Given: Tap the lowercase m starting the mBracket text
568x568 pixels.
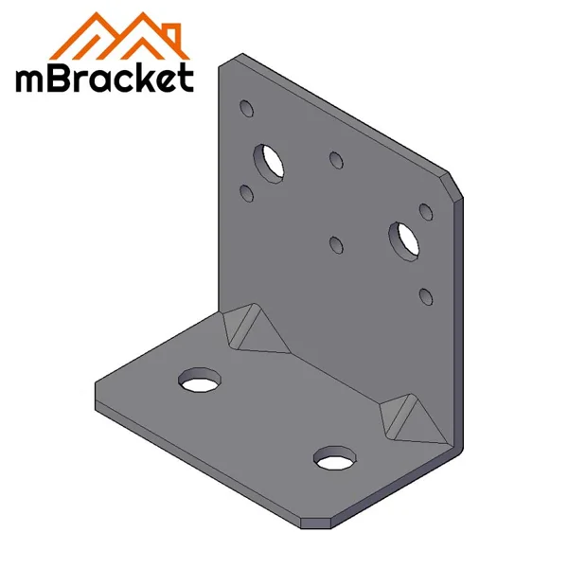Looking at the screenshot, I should [31, 80].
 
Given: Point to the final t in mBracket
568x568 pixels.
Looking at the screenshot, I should [186, 78].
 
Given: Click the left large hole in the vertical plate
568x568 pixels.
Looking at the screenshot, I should [272, 160].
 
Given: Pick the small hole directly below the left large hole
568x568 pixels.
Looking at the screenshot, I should [248, 194].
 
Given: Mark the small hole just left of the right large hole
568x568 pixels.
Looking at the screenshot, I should [336, 245].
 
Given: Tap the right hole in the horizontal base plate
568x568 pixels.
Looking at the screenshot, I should [338, 460].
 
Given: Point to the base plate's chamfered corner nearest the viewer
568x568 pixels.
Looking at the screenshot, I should [312, 523].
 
